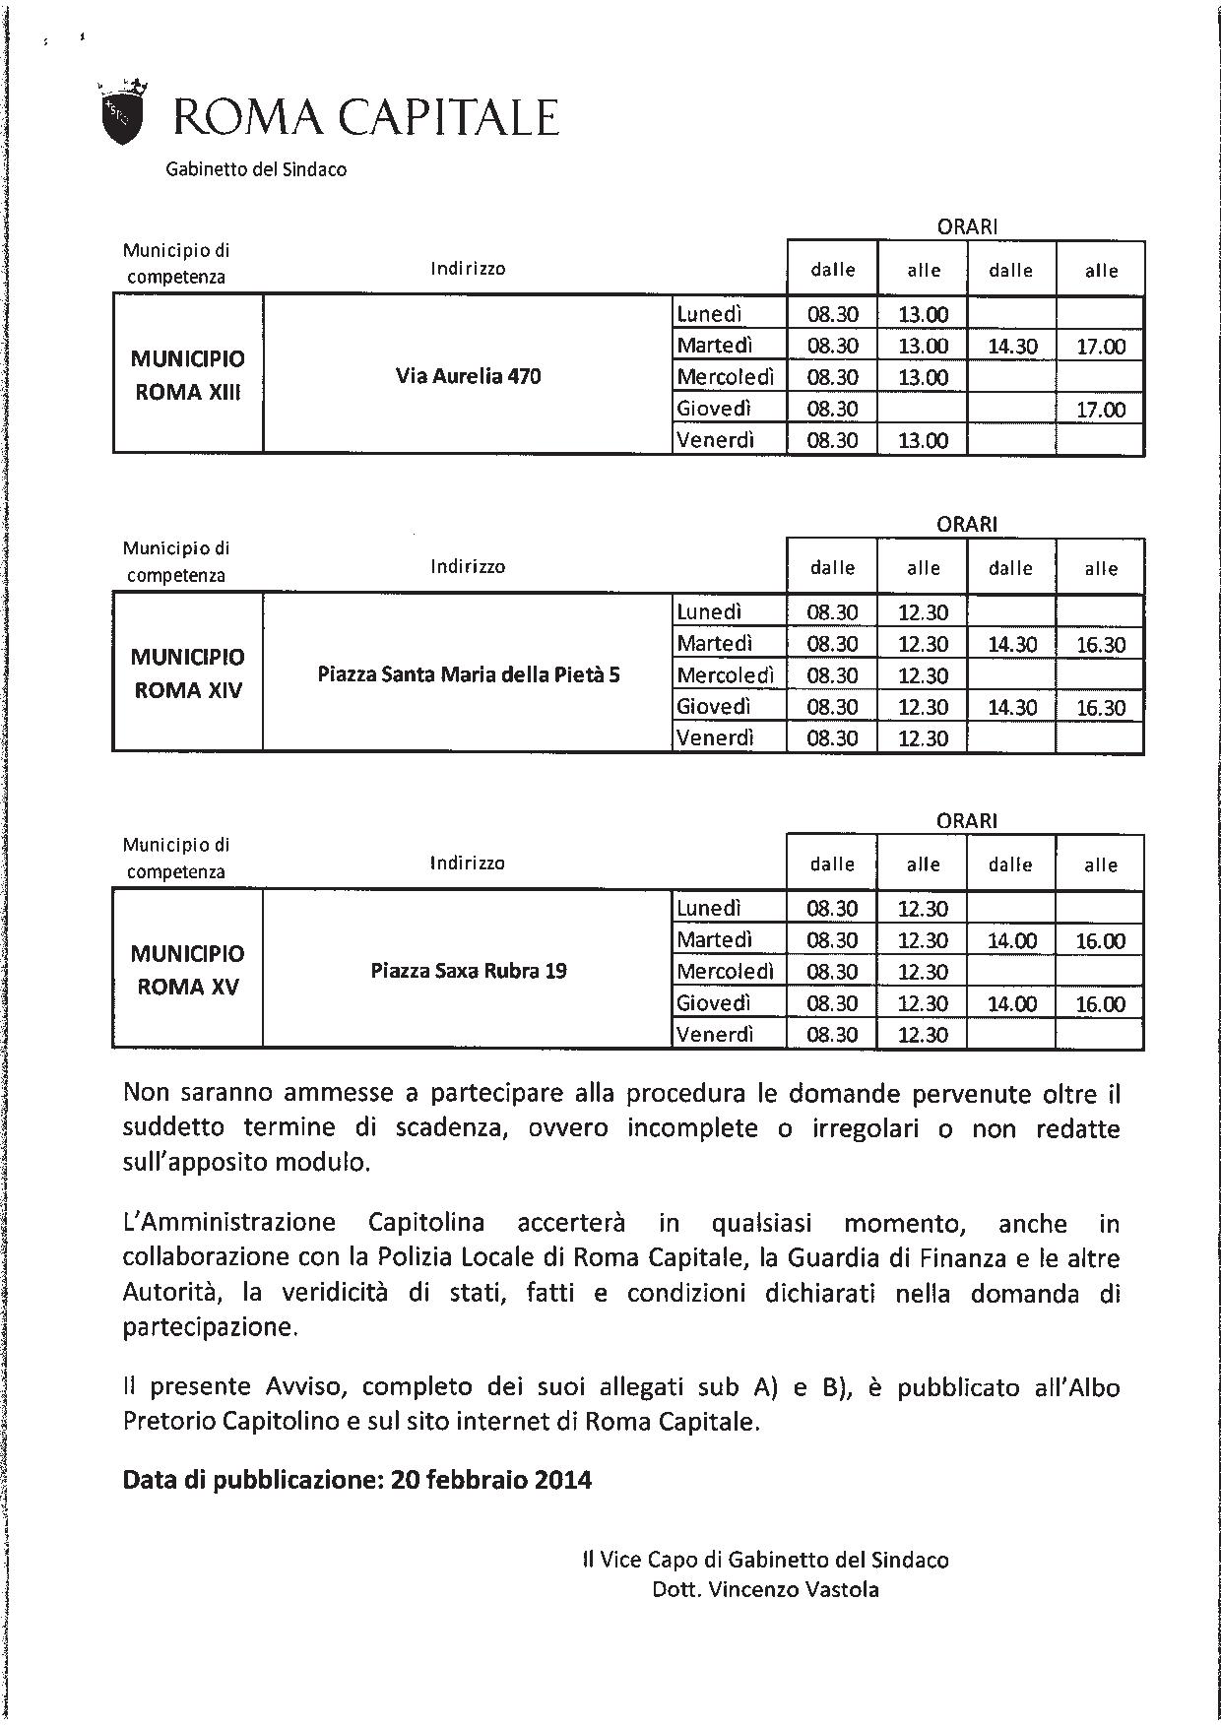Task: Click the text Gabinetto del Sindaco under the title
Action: (x=256, y=169)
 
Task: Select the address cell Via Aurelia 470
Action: (x=468, y=376)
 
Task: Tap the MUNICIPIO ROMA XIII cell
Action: (x=187, y=375)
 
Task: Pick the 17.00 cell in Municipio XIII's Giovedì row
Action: (x=1100, y=410)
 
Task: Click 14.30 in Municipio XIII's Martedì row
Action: (x=1011, y=347)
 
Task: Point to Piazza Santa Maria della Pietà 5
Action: (x=469, y=675)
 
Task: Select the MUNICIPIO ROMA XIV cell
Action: (x=187, y=673)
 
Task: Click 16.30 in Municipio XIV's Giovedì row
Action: (x=1100, y=708)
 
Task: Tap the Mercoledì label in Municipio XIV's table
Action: (x=725, y=676)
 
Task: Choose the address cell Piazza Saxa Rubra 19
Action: (x=469, y=971)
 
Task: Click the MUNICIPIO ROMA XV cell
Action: (x=187, y=970)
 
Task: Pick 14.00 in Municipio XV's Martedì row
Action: (x=1011, y=941)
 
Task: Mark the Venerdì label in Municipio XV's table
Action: (x=715, y=1035)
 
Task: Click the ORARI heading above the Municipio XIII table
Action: (x=967, y=226)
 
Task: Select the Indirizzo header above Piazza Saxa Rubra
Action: (x=467, y=863)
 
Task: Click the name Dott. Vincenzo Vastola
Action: (x=765, y=1589)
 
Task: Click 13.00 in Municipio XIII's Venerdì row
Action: (x=923, y=441)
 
